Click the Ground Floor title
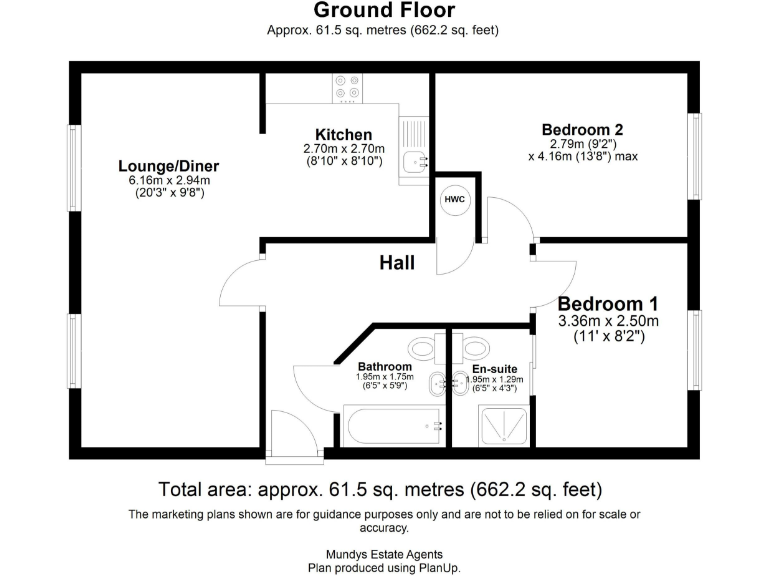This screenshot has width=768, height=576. [384, 11]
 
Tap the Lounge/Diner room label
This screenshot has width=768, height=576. [168, 166]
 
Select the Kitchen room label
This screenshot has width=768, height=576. [343, 135]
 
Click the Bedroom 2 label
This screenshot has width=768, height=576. [582, 129]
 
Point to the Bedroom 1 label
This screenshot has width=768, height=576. [608, 304]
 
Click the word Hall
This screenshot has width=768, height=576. [397, 263]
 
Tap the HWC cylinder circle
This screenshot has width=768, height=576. [454, 199]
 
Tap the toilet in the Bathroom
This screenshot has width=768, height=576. [424, 349]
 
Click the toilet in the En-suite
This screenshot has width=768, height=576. [475, 349]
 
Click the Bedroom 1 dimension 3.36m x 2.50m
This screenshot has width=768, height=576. [608, 321]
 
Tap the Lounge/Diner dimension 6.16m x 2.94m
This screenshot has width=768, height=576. [168, 180]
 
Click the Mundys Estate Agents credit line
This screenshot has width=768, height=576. [384, 554]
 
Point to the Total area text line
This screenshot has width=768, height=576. [380, 490]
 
